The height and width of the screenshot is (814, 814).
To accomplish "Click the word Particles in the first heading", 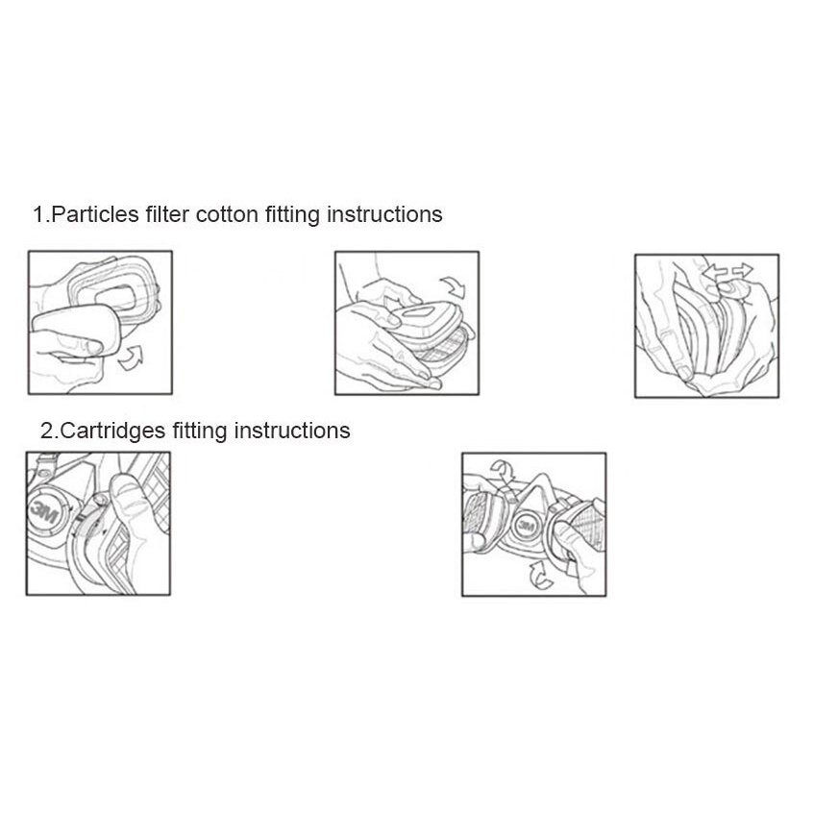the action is click(95, 214).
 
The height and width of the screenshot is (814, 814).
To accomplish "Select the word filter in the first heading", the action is click(167, 214).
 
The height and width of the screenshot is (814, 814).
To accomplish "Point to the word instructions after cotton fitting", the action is click(384, 214).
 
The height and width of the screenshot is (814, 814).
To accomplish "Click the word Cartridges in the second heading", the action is click(112, 431).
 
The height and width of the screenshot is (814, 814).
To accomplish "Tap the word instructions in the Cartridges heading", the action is click(292, 431).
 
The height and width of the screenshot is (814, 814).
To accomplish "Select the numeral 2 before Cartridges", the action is click(47, 431).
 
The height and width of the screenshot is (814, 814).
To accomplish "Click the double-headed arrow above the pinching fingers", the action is click(727, 271).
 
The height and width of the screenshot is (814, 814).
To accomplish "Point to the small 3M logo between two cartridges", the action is click(527, 526).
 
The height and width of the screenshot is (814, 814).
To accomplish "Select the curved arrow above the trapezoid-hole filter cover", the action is click(455, 286).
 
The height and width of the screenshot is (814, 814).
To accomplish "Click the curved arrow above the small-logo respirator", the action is click(503, 469).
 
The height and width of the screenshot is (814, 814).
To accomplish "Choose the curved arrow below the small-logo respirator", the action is click(540, 576).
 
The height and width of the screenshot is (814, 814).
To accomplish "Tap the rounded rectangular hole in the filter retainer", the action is click(115, 299).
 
